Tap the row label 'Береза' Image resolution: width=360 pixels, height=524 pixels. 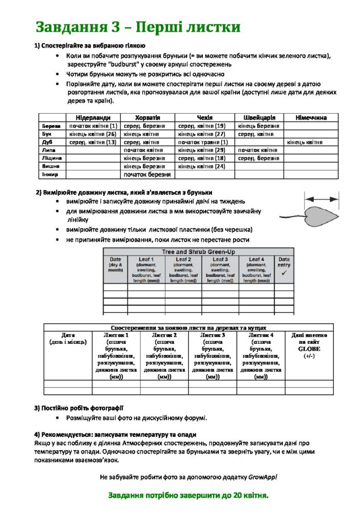51,126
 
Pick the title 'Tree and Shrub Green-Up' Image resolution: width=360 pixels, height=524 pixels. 197,252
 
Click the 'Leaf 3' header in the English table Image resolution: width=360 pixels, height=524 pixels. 220,260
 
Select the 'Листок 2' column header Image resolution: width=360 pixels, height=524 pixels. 164,335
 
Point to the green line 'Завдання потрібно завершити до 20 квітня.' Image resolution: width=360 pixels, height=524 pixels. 188,496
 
